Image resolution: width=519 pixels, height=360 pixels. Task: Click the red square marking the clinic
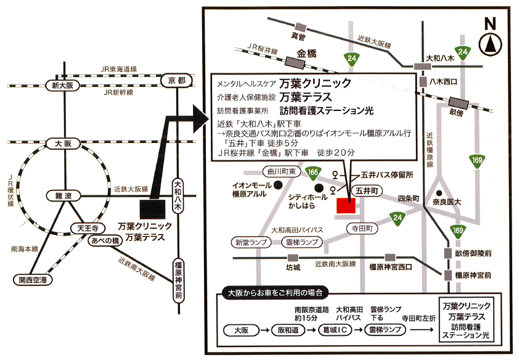point(346,205)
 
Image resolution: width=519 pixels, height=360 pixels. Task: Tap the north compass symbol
point(490,44)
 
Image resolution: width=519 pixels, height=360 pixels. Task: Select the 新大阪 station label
point(62,86)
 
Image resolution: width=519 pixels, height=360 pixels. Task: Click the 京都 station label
point(176,80)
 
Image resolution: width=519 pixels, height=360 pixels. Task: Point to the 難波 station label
point(63,196)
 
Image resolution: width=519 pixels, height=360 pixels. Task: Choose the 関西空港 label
point(33,280)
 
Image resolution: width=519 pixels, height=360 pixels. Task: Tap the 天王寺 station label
point(88,228)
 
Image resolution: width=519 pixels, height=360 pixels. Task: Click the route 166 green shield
point(313,173)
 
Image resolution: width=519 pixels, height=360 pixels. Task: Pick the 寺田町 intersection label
point(362,228)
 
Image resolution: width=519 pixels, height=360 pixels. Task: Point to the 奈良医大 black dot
point(439,193)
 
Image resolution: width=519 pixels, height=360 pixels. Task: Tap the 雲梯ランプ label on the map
point(301,242)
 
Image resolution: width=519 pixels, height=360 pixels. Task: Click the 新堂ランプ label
point(251,242)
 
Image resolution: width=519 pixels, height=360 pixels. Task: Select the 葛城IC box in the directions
point(335,330)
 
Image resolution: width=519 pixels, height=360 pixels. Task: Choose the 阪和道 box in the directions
point(288,330)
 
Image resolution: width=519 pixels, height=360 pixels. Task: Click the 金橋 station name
point(306,54)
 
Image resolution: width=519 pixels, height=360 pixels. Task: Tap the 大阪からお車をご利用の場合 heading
point(275,293)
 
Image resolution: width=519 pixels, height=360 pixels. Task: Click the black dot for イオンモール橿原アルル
point(279,186)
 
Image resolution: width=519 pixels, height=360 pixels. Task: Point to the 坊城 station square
point(293,258)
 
